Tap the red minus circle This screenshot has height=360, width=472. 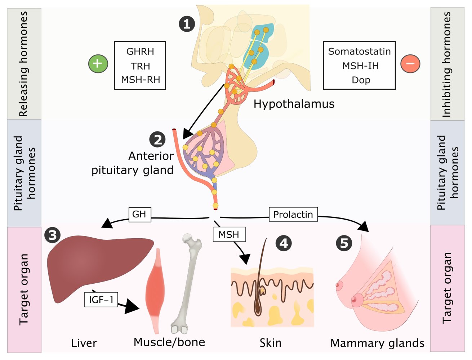coord(410,64)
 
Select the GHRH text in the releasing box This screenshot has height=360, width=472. coord(140,51)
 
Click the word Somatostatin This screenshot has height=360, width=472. coord(359,51)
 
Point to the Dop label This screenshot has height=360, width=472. coord(361,80)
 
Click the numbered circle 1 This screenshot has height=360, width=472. coord(187,24)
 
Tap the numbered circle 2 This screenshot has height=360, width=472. coord(157,139)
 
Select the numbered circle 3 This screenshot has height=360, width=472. coord(53,235)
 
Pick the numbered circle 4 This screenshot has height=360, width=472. coord(284,243)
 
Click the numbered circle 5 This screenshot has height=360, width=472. coord(344,243)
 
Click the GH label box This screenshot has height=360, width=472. coord(139,214)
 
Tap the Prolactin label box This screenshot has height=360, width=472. coord(293,215)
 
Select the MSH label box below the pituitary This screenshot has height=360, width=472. coord(229,235)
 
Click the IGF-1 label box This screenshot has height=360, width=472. coord(101,299)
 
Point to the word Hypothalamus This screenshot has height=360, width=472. coord(294,104)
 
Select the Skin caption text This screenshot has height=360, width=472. coord(270,343)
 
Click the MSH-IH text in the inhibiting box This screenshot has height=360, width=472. coord(360,66)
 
